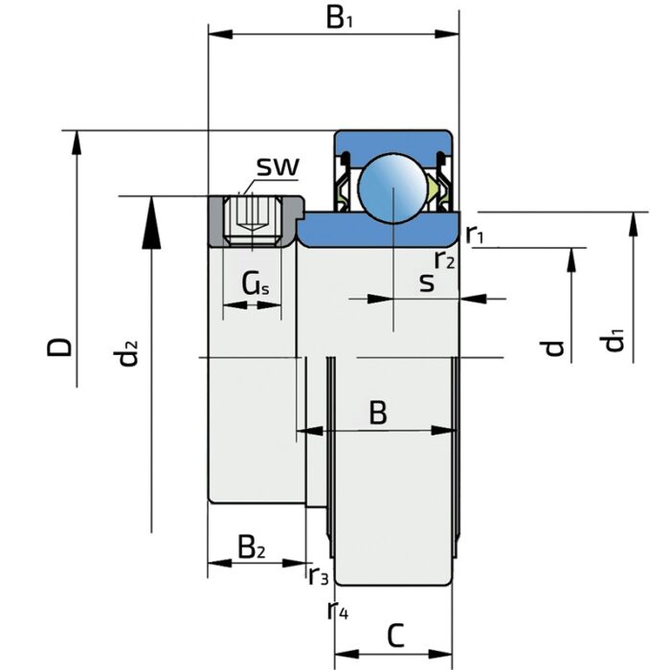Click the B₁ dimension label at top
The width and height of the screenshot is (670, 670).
[x=338, y=18]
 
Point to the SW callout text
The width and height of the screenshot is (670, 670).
[x=278, y=167]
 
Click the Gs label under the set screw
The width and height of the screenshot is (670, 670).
[x=254, y=283]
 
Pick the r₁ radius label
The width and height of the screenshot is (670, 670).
[x=476, y=234]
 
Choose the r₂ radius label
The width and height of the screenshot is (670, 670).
[x=444, y=258]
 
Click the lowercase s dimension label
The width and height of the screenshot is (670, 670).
[x=427, y=282]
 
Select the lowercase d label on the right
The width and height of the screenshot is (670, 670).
[x=554, y=346]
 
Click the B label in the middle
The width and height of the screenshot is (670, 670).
[x=378, y=413]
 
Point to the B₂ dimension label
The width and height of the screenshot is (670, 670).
[x=252, y=547]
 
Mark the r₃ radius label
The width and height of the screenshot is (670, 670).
[x=319, y=575]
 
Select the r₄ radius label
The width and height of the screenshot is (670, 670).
[x=337, y=609]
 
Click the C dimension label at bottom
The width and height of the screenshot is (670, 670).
[x=396, y=635]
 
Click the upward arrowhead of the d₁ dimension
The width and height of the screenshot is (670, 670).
[x=632, y=225]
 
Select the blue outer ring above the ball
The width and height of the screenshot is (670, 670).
[x=392, y=140]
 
